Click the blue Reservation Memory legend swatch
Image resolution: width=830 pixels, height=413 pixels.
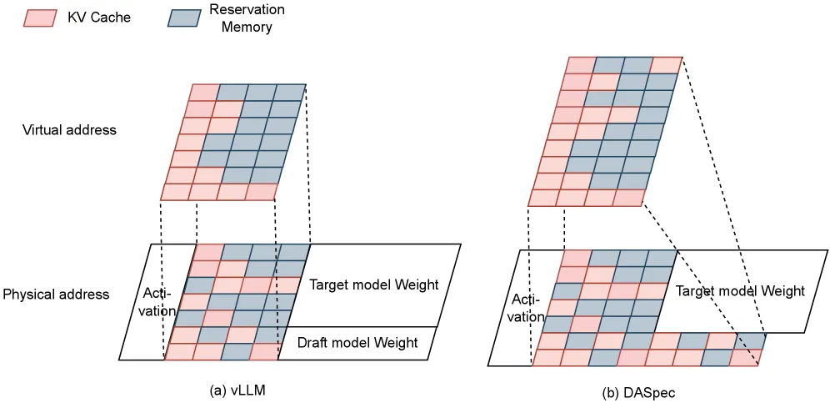(x=184, y=18)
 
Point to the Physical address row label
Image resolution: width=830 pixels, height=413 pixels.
(x=56, y=295)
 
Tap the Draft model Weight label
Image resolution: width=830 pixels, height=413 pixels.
(x=357, y=343)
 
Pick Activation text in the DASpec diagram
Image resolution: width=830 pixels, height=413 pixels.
(x=526, y=309)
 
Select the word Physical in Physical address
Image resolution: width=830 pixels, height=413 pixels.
(x=27, y=295)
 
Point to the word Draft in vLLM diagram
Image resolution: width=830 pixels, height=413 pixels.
(x=312, y=343)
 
